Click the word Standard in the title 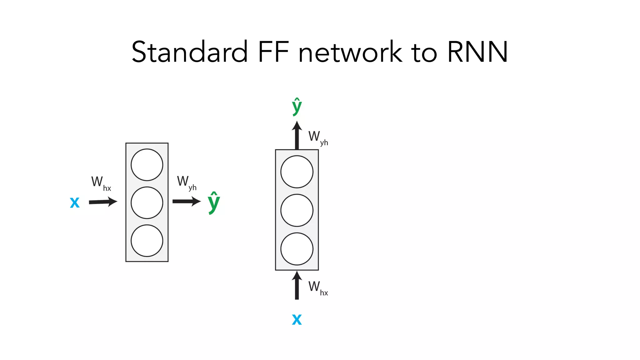[x=189, y=52]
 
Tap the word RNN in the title [x=477, y=52]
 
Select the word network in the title [x=350, y=52]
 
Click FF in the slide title [x=273, y=52]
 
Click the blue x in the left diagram [x=75, y=202]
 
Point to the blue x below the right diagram [x=297, y=319]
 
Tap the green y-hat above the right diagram [x=297, y=106]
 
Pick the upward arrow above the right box [x=297, y=135]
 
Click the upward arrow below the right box [x=297, y=285]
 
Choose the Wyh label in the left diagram [x=186, y=182]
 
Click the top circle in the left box [x=147, y=165]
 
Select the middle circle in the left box [x=147, y=202]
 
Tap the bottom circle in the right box [x=297, y=249]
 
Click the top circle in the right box [x=297, y=172]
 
